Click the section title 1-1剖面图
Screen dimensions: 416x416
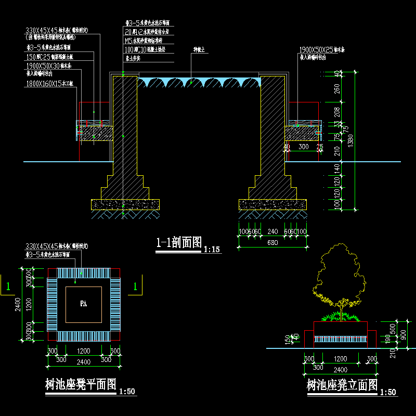178,242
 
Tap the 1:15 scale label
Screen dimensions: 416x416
212,250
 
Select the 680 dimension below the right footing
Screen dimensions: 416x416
272,242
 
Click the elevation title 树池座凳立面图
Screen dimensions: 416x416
342,385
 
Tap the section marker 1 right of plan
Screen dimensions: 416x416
136,286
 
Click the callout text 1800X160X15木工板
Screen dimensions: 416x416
49,83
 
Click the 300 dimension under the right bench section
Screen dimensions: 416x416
303,147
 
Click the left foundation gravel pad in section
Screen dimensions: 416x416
125,204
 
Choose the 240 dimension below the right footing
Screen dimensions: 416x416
272,232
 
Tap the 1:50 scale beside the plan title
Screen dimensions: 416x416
127,392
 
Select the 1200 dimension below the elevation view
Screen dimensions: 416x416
341,359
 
